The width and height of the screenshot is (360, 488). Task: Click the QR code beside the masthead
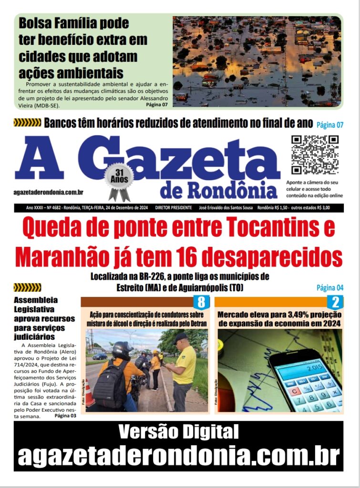click(315, 154)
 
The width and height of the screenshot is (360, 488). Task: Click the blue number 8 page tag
click(201, 302)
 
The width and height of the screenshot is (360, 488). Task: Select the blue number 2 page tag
click(335, 302)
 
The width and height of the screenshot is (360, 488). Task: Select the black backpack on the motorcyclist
click(111, 385)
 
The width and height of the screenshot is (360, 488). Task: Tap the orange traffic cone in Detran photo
click(89, 393)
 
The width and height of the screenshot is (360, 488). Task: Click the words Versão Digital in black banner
click(179, 432)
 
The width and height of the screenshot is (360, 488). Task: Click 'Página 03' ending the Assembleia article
click(65, 416)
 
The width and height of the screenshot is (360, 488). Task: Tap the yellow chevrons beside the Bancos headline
click(27, 123)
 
